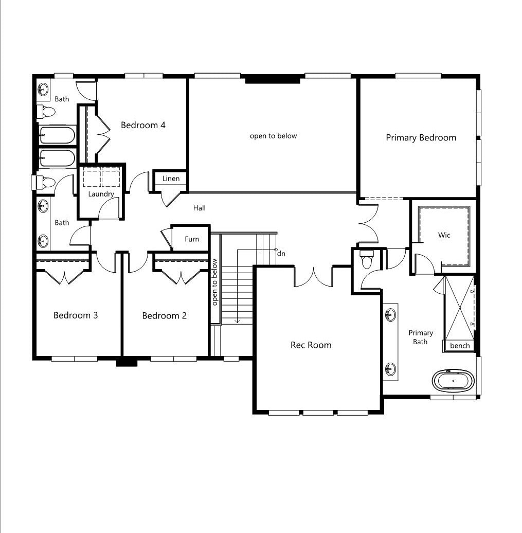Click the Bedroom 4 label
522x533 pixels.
point(143,125)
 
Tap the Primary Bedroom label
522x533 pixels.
point(421,138)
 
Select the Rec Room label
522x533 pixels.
point(311,345)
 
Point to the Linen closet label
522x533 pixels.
point(171,179)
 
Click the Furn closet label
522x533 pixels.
point(192,239)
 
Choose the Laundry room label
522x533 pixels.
point(101,194)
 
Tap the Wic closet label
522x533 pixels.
point(444,235)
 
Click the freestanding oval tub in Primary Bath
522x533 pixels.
point(453,381)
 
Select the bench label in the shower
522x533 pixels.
point(460,346)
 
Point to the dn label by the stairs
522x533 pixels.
point(281,254)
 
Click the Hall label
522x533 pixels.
point(199,208)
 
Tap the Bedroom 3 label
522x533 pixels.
point(76,315)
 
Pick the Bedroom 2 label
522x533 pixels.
point(164,316)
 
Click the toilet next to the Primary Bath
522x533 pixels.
point(366,259)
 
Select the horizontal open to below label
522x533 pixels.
point(273,136)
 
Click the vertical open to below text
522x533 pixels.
point(214,282)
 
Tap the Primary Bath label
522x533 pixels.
point(420,337)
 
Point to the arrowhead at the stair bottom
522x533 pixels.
point(238,321)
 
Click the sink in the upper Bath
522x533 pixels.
point(43,90)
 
